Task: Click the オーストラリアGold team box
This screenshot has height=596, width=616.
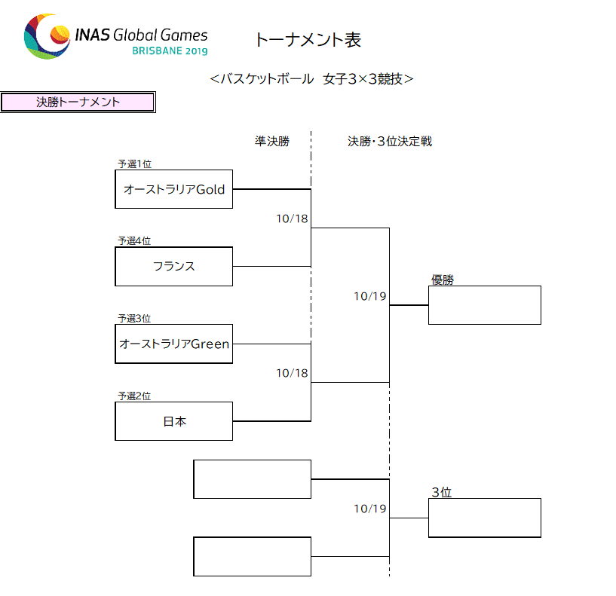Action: (173, 189)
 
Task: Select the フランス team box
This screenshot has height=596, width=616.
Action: (173, 266)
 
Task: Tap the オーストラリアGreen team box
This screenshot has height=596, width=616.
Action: (173, 344)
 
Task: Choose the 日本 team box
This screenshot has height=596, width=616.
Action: (173, 421)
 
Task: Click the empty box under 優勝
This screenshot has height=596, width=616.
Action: (484, 305)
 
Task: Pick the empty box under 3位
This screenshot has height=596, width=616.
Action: (484, 518)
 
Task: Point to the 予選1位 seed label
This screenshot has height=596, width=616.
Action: (135, 164)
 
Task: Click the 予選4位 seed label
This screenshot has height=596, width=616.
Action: (134, 240)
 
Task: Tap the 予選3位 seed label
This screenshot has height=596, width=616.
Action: (134, 318)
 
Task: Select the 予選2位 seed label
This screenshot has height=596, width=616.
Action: (134, 396)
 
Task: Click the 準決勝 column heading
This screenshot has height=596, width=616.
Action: (272, 141)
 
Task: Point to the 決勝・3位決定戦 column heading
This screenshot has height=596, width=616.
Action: (390, 141)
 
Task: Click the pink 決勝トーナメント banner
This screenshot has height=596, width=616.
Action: (78, 102)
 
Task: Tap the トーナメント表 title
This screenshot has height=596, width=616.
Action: (308, 40)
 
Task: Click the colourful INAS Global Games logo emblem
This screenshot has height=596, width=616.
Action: (47, 36)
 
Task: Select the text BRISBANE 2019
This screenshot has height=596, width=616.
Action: (170, 51)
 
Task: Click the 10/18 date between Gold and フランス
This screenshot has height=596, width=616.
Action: (292, 219)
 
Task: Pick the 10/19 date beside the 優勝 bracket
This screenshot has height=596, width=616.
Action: (370, 296)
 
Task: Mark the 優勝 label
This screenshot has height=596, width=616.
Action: (443, 280)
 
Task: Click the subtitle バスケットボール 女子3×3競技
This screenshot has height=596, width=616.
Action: (311, 79)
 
